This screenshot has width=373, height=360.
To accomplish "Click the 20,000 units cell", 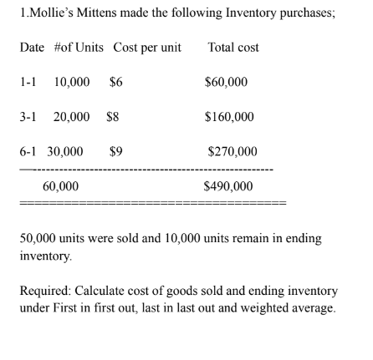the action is [x=70, y=119].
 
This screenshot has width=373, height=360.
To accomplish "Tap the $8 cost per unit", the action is [x=114, y=119].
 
